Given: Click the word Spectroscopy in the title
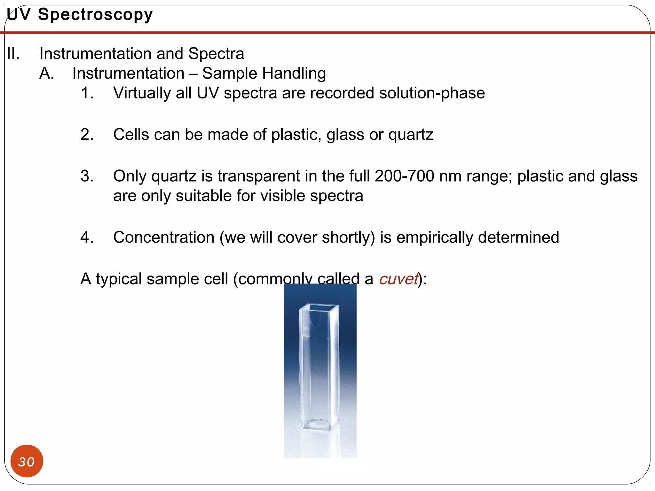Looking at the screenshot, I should (x=95, y=15).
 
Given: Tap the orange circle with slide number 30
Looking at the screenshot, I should (x=27, y=461).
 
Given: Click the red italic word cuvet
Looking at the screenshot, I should (x=399, y=279).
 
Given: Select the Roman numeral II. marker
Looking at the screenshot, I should (x=13, y=54).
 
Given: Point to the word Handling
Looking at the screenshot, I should (x=296, y=74).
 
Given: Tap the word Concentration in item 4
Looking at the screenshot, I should (x=164, y=238).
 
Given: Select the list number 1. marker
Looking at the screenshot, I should (x=87, y=93).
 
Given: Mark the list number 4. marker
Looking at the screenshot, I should (x=87, y=238).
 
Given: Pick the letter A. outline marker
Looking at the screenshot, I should (x=47, y=74).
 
